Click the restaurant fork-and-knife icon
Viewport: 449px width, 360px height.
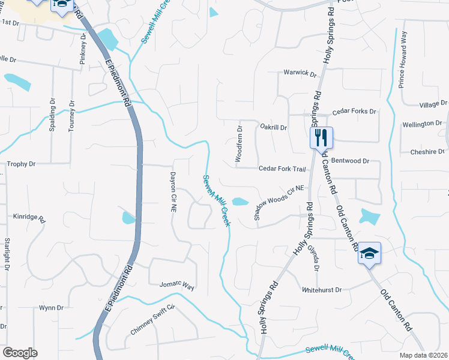321,137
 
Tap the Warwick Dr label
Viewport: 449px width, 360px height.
300,73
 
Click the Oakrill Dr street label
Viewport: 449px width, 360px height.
274,127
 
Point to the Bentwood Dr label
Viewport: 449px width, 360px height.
351,161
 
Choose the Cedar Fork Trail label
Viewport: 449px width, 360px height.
282,169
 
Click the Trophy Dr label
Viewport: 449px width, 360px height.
21,164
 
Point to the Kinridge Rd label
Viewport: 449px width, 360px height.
29,216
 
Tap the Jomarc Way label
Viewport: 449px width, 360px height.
177,286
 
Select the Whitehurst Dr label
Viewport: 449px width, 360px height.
321,289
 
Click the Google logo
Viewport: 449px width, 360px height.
20,353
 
